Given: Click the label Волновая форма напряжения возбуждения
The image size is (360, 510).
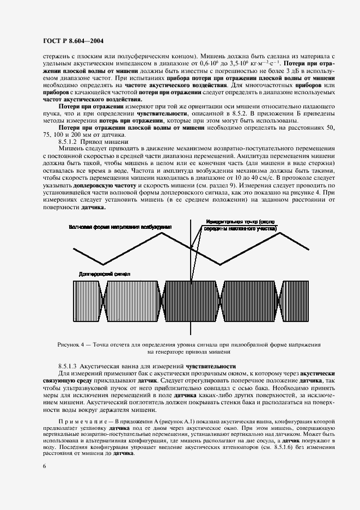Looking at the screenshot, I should pyautogui.click(x=120, y=226).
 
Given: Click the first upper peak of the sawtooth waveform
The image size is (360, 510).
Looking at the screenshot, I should pyautogui.click(x=162, y=233).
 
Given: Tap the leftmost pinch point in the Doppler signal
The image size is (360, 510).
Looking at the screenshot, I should pyautogui.click(x=105, y=301).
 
